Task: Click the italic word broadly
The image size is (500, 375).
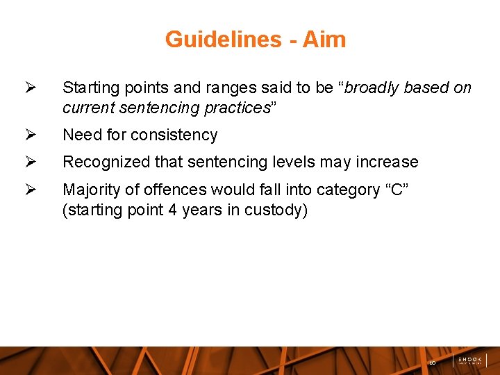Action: point(373,87)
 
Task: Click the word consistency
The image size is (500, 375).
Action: point(176,135)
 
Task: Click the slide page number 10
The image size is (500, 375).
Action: point(432,362)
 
